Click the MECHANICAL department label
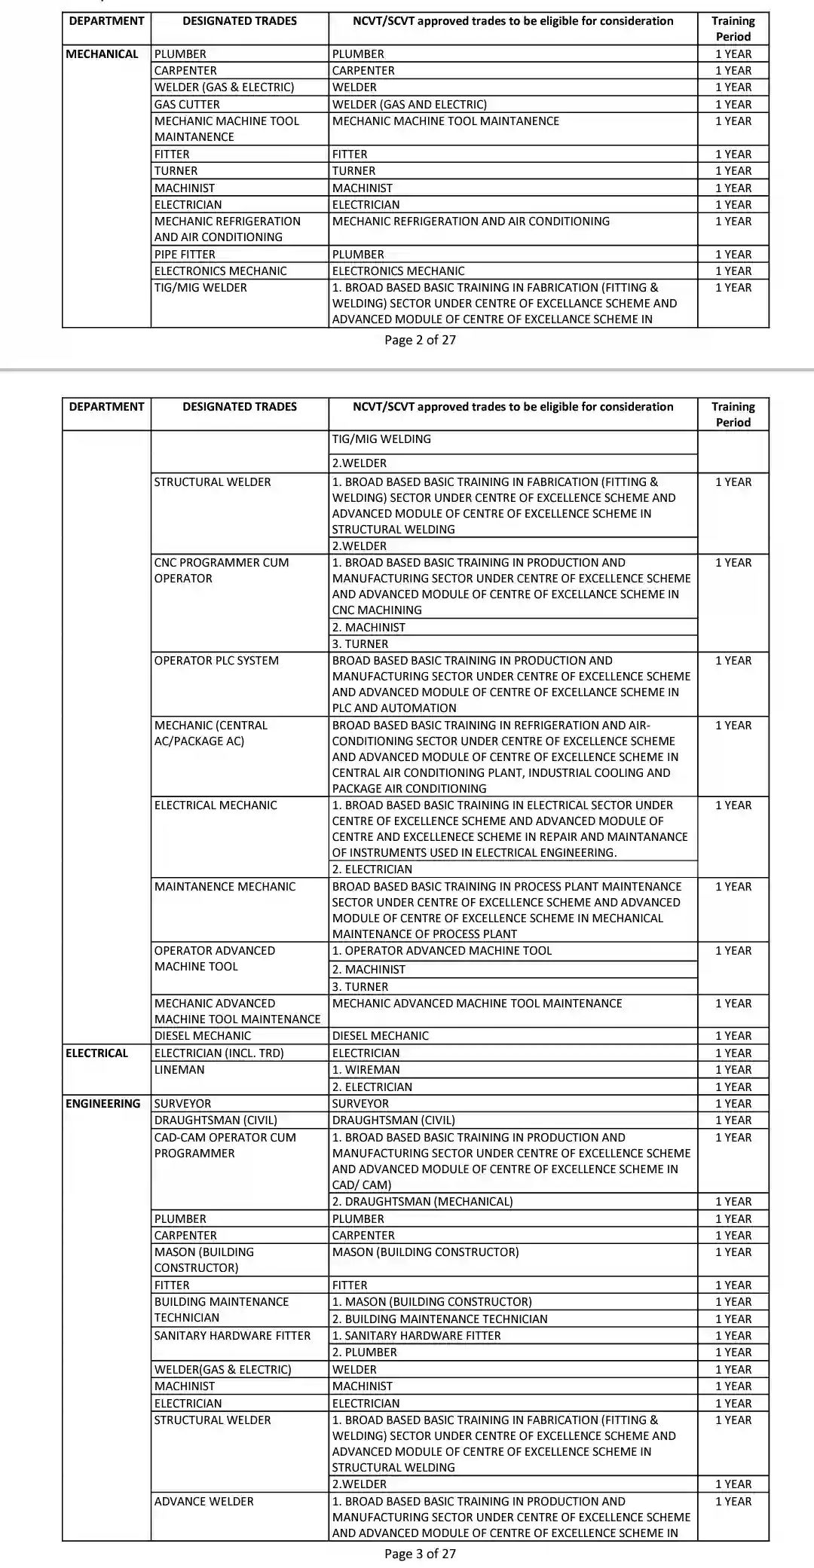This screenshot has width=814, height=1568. coord(103,54)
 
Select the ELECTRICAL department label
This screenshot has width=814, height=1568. coord(97,1053)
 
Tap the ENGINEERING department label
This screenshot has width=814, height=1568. coord(103,1103)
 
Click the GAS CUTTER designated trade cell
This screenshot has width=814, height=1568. coord(187,105)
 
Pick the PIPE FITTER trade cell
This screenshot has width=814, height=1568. coord(185,255)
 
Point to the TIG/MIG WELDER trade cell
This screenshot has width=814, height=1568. coord(200,288)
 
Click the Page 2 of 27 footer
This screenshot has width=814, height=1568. coord(420,340)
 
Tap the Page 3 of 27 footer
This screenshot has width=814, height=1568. coord(420,1553)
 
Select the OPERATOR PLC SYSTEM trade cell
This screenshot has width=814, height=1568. coord(216,661)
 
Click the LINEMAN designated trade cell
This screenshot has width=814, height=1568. coord(179,1070)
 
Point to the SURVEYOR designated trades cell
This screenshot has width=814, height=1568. coord(183,1103)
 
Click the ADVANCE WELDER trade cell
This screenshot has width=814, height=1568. coord(204,1501)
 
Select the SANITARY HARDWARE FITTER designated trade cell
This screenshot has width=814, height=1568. coord(232,1335)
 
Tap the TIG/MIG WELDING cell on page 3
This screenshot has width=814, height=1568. coord(382,439)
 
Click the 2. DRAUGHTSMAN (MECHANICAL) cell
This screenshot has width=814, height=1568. coord(423,1201)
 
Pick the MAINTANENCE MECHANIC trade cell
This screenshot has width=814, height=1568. coord(225,887)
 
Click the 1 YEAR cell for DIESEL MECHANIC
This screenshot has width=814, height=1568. coord(733,1036)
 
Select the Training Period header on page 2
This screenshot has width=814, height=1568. coord(733,29)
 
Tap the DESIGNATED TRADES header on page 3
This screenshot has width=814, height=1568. coord(240,407)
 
